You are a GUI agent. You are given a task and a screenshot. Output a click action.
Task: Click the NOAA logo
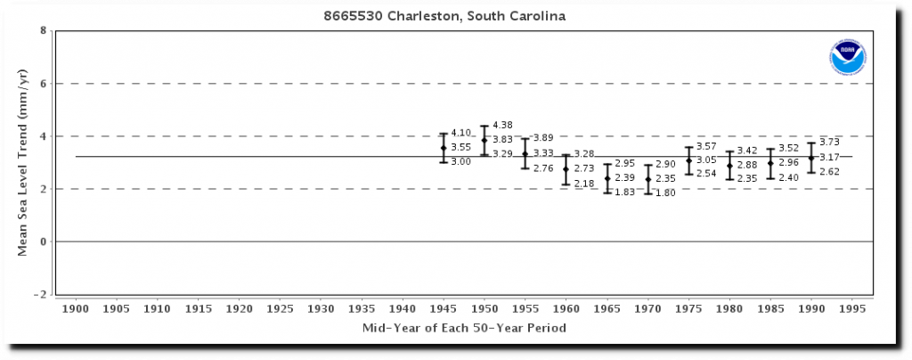847,57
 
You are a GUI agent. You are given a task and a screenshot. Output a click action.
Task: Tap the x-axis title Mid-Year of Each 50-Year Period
463,329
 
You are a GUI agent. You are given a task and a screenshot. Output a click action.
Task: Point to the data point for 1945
444,147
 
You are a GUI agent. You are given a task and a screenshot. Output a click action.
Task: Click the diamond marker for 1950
484,140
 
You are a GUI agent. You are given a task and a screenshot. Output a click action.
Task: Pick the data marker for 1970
648,179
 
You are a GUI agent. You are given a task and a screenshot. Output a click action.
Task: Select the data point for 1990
811,158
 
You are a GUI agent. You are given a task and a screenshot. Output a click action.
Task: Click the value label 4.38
502,125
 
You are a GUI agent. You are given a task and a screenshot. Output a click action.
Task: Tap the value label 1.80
665,192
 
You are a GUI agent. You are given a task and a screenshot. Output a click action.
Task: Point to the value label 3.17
829,157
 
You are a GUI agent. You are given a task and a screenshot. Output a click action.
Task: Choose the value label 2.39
624,178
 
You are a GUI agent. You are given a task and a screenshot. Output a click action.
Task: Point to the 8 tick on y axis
43,31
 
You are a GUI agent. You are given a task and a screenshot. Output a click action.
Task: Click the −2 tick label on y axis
41,294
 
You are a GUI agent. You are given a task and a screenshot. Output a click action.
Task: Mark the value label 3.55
460,147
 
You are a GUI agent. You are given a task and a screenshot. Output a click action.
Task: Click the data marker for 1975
688,161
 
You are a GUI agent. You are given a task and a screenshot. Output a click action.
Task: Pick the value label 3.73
829,143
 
